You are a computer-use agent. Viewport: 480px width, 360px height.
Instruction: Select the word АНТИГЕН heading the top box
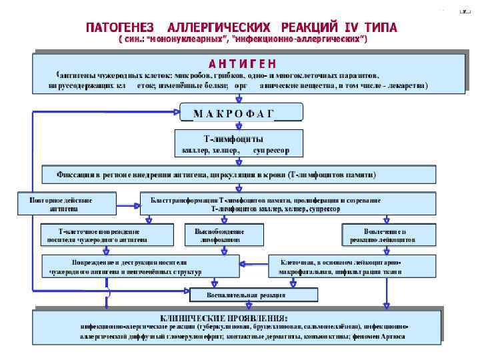pos(242,63)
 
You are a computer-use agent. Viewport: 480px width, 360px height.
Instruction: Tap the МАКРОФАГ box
pos(242,112)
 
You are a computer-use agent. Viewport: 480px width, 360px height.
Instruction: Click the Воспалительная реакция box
pos(253,294)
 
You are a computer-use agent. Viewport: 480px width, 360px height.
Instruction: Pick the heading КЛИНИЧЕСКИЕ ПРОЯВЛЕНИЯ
pos(223,317)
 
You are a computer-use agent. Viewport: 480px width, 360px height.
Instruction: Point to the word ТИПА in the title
pos(381,27)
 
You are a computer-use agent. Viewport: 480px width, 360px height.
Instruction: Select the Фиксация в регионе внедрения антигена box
pos(239,175)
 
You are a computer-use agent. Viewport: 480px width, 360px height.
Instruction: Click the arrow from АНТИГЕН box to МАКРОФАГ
pos(239,97)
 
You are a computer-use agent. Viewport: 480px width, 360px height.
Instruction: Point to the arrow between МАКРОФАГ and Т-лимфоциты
pos(239,125)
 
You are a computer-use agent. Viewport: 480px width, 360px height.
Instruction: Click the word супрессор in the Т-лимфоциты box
pos(271,151)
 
